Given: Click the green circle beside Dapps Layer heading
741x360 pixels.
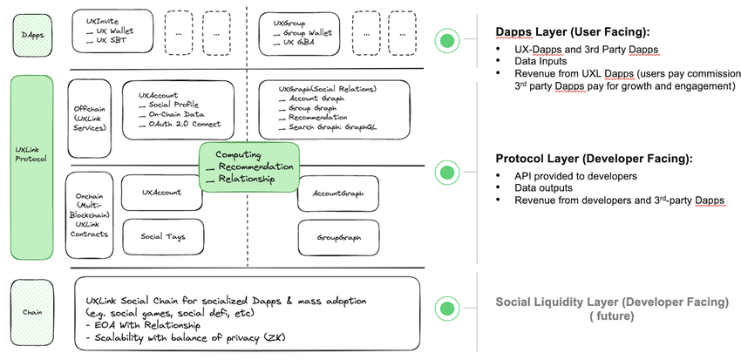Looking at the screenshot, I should [448, 41].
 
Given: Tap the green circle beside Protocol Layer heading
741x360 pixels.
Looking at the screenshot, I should [448, 172].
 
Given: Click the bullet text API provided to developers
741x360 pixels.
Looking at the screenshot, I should [575, 175].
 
